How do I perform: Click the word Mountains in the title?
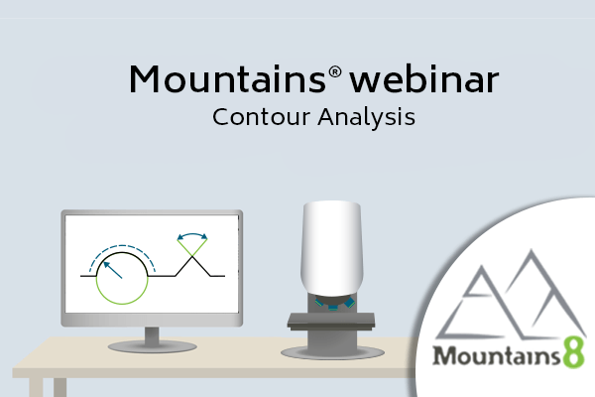point(227,79)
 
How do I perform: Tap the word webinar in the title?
point(423,78)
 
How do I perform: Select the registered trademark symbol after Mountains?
point(335,71)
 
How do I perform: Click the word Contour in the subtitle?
point(261,117)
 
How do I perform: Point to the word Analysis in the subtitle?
point(366,117)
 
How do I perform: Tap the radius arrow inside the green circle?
point(113,270)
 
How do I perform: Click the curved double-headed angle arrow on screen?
point(192,234)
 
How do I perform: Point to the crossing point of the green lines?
point(192,257)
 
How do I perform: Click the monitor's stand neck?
point(152,335)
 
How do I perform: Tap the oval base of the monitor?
point(152,346)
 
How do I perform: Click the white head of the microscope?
point(332,248)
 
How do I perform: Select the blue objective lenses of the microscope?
point(334,304)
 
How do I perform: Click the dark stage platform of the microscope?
point(331,321)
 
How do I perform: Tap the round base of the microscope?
point(332,353)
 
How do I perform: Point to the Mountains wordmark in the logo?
point(497,355)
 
